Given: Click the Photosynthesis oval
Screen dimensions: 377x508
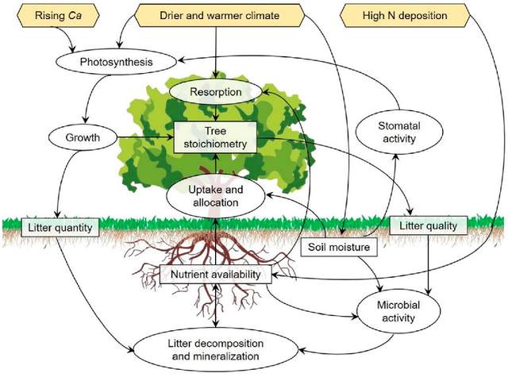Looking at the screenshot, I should click(116, 60).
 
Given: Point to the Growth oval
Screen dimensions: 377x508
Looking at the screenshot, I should click(83, 137).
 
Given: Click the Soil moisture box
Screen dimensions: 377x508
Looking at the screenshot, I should click(341, 248).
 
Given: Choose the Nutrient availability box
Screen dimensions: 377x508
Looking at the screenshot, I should click(217, 275).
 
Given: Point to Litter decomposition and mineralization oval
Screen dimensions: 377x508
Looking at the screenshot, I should click(217, 349).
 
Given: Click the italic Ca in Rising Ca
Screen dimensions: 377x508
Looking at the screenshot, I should click(72, 15).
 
